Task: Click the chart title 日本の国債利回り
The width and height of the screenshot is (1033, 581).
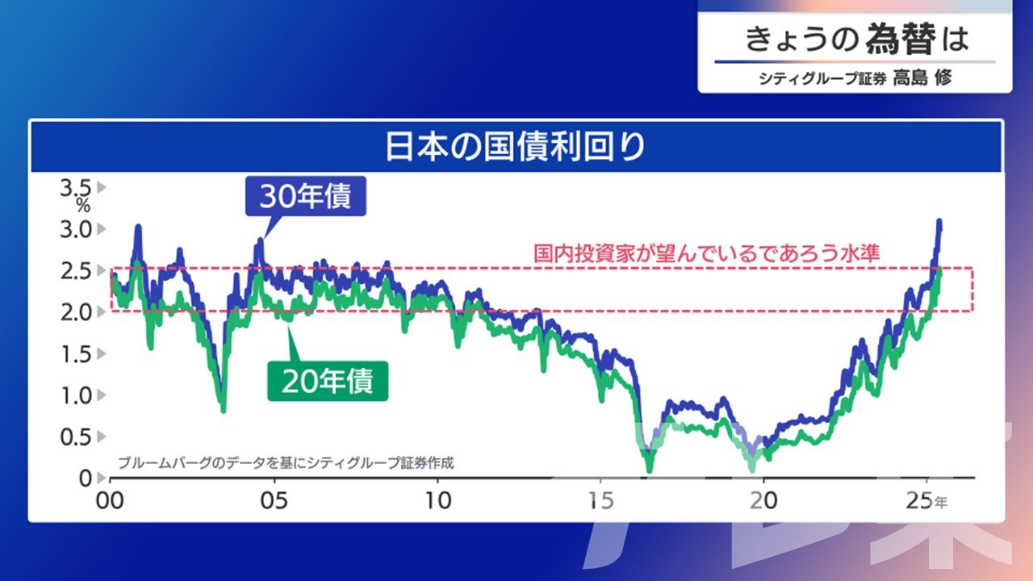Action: tap(515, 147)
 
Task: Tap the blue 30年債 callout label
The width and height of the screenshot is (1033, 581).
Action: tap(306, 196)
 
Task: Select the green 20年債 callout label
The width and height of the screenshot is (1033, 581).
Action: tap(328, 381)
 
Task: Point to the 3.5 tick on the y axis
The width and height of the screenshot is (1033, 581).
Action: tap(76, 188)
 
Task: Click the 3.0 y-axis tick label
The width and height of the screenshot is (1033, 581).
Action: tap(76, 229)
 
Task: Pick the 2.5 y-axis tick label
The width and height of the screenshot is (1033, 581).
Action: tap(76, 270)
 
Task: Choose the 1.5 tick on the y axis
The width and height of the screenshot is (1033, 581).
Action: tap(76, 354)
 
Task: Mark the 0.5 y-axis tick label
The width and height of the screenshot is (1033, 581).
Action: tap(76, 437)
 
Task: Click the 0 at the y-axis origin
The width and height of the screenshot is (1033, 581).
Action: tap(86, 479)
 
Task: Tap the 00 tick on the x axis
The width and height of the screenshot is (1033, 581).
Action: tap(110, 501)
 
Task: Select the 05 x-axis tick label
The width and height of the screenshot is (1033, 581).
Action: tap(274, 501)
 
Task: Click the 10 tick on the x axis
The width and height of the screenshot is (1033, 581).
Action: tap(437, 501)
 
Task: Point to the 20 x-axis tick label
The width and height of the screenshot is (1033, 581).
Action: tap(763, 501)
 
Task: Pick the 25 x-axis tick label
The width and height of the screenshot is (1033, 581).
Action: tap(920, 501)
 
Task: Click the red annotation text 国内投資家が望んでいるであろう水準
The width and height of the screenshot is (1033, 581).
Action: tap(707, 253)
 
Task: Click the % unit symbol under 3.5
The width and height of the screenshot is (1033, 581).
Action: tap(83, 205)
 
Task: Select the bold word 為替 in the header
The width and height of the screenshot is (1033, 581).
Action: tap(901, 39)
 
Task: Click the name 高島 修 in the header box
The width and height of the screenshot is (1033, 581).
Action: tap(922, 77)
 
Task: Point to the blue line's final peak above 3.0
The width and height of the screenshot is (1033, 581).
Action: tap(939, 221)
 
